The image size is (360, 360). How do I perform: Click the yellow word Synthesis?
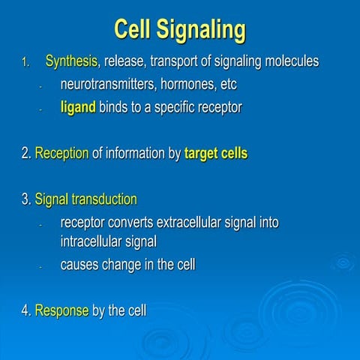(71, 61)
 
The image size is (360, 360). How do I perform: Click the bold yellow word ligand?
(77, 107)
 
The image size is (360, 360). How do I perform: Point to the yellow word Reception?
(61, 154)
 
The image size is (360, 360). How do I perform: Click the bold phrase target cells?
(215, 154)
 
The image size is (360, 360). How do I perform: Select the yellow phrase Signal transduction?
(85, 199)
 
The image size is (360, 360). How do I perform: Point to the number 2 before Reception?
(25, 154)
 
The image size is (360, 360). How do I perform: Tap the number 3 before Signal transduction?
(25, 200)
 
